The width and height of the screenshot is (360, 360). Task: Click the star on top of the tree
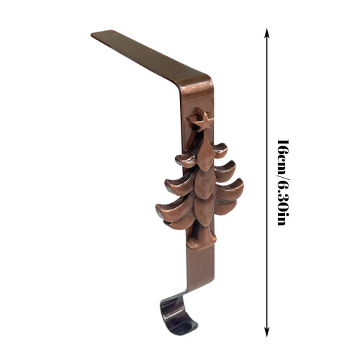click(x=201, y=121)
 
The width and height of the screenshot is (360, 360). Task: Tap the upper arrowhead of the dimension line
click(x=266, y=33)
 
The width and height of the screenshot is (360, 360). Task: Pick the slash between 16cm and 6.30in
click(x=283, y=179)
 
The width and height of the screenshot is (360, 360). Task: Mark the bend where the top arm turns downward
click(x=196, y=81)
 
